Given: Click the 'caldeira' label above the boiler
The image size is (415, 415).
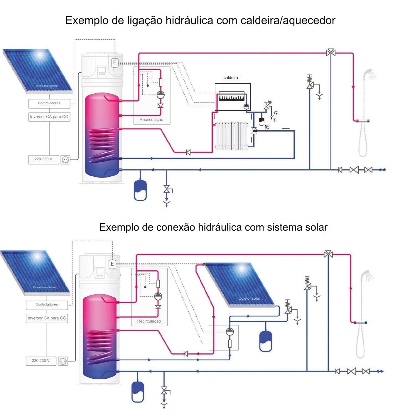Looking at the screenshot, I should point(231,78).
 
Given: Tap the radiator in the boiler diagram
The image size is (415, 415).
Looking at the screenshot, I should point(232,136).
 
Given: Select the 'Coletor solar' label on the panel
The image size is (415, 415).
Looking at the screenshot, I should point(249,298).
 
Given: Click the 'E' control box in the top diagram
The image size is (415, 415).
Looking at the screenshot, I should point(115,63).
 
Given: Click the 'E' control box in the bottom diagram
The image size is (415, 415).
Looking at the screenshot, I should point(112,264).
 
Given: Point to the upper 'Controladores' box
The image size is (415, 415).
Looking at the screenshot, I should point(49,103).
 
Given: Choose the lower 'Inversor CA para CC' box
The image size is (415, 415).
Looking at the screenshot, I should point(47,318).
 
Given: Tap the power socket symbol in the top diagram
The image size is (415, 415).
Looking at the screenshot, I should point(65,160).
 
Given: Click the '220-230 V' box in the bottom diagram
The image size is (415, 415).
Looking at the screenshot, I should point(41,361).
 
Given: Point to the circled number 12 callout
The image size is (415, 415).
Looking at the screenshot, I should point(267,127).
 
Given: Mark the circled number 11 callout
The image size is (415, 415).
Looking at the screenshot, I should point(270,102).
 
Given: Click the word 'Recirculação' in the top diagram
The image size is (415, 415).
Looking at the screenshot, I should point(151,120).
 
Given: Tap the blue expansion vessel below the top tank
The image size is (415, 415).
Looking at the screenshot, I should point(140,190).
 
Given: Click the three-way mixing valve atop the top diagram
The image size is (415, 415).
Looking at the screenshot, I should point(331,53).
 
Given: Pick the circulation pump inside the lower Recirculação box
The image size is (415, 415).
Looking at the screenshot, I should point(158,296).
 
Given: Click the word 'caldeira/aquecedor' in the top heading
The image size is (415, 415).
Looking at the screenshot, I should point(288,21).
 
